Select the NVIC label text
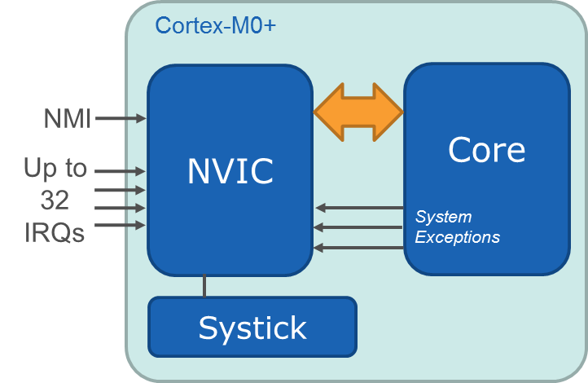click(x=230, y=170)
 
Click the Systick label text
click(x=252, y=328)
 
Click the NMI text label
click(x=68, y=120)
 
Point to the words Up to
click(x=55, y=169)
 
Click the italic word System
click(x=443, y=218)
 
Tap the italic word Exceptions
click(x=458, y=238)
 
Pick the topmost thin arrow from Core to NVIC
click(x=359, y=208)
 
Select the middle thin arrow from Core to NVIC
click(x=359, y=227)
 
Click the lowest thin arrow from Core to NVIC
click(x=359, y=247)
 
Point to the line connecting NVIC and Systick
click(x=204, y=286)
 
